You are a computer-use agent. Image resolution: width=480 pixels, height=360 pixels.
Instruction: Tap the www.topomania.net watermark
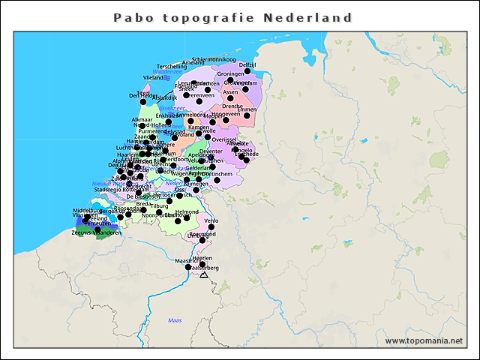coord(424,341)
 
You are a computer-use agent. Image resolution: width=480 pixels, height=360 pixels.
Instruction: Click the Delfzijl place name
coord(247,65)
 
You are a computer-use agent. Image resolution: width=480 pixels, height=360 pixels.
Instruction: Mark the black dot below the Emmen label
coord(247,115)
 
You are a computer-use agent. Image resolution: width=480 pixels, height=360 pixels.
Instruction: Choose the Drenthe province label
coord(232,106)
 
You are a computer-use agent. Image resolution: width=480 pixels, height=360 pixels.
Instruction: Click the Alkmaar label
coord(142,120)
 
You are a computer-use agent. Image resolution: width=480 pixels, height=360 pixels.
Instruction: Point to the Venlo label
coord(211,220)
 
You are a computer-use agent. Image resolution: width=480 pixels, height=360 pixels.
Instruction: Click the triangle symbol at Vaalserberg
coord(203,275)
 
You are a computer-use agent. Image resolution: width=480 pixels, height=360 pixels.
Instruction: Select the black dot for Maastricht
coord(188,267)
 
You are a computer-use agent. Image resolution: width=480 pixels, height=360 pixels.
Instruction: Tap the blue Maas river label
coord(175,321)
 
